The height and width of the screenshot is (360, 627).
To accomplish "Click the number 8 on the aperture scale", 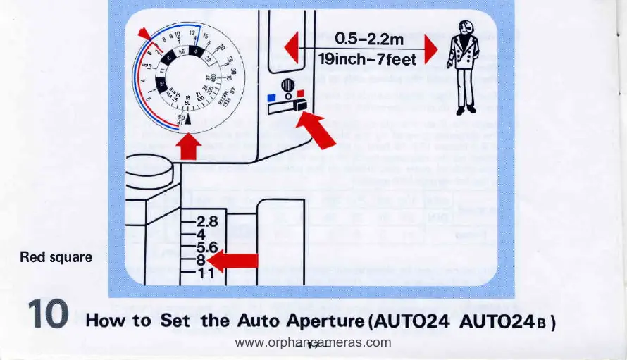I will [x=201, y=260].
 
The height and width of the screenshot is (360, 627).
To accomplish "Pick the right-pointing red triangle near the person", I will [x=430, y=49].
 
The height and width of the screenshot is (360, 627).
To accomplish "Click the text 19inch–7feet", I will [x=367, y=60].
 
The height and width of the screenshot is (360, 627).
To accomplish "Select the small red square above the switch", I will [x=301, y=93].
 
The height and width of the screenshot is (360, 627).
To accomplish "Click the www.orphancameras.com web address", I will [x=313, y=343].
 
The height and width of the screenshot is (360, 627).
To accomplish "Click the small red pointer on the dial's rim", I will [x=144, y=34].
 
